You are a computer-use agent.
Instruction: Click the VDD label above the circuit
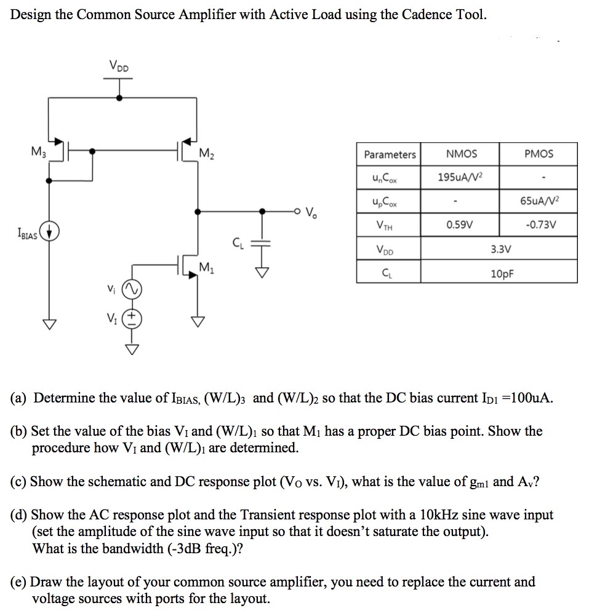(119, 66)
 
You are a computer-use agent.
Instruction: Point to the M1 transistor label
(207, 267)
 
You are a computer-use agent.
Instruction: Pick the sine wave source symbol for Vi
(132, 289)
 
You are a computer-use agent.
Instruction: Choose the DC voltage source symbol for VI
(132, 319)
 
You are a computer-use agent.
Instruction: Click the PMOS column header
(539, 154)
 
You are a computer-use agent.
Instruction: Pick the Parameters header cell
(389, 154)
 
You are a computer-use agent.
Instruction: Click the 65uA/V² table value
(539, 201)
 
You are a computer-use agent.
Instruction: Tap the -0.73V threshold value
(539, 225)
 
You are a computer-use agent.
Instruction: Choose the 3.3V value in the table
(499, 249)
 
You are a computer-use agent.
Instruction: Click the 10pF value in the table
(499, 272)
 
